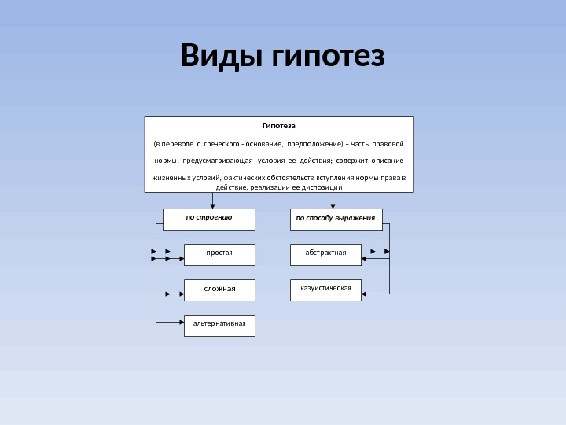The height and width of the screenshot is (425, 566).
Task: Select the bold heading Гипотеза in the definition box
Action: pyautogui.click(x=279, y=125)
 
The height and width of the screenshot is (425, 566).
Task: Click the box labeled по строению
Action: pyautogui.click(x=209, y=219)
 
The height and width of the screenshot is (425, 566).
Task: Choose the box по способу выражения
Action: pyautogui.click(x=336, y=219)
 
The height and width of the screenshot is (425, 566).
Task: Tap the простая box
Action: pyautogui.click(x=219, y=254)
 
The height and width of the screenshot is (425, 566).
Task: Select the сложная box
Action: pyautogui.click(x=219, y=290)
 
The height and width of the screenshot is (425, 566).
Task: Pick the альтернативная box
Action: pyautogui.click(x=219, y=325)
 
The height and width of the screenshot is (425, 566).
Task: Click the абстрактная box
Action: pyautogui.click(x=325, y=254)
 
